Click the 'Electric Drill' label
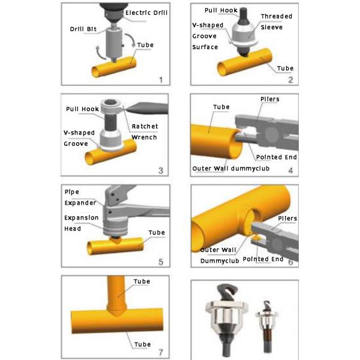(145, 12)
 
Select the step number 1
(160, 79)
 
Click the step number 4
(290, 170)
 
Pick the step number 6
(290, 262)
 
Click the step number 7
(160, 350)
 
